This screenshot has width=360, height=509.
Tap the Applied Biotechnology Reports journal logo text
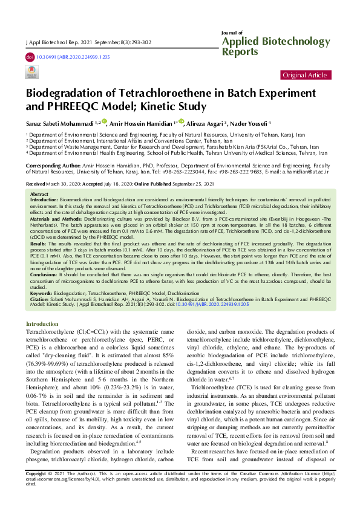coord(278,45)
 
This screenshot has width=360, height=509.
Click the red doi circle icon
coord(30,56)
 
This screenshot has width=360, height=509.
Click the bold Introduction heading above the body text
coord(42,324)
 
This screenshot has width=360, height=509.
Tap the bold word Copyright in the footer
coord(35,489)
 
